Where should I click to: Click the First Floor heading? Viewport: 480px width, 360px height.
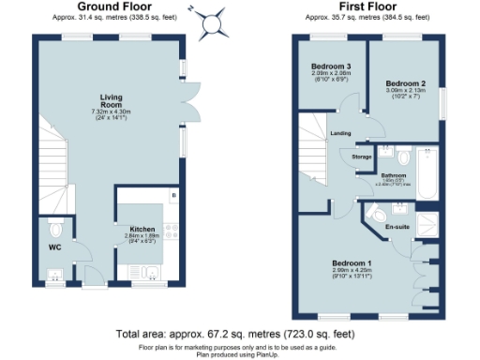[366, 7]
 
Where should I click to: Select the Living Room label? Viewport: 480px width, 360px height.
[113, 99]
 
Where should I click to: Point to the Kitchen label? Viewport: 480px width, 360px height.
[128, 228]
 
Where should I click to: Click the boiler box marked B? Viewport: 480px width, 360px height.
[173, 195]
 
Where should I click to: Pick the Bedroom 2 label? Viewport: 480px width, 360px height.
[404, 84]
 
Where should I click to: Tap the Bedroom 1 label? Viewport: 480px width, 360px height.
[356, 262]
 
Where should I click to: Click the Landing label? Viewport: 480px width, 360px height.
[340, 133]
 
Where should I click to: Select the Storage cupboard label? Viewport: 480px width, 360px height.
[361, 156]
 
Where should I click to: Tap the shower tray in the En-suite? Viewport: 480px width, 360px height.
[427, 225]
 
